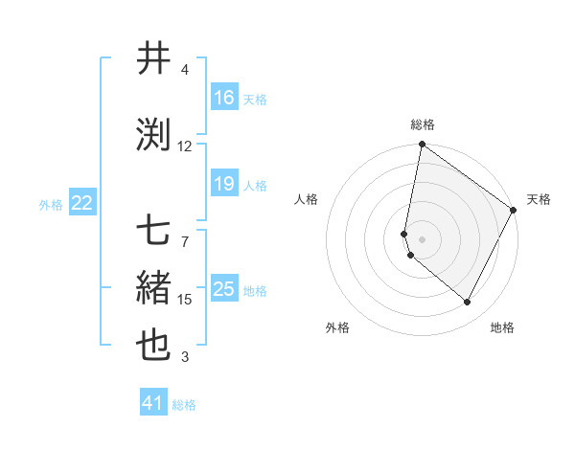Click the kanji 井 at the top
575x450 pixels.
tap(153, 58)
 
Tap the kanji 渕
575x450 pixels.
tap(153, 135)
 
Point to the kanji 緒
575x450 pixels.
tap(153, 287)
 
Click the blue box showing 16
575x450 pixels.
tap(223, 98)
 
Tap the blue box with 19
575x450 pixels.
tap(223, 185)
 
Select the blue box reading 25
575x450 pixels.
tap(223, 290)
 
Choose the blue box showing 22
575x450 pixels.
tap(82, 203)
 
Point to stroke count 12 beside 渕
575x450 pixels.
tap(185, 146)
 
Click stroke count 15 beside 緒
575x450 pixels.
tap(185, 300)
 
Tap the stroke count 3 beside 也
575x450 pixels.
tap(185, 358)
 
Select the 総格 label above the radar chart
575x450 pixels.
tap(423, 124)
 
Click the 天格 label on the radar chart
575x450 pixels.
tap(539, 199)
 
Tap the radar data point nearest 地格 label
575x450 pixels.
tap(468, 303)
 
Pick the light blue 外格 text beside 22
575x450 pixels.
tap(51, 204)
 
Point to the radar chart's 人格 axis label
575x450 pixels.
tap(307, 199)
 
